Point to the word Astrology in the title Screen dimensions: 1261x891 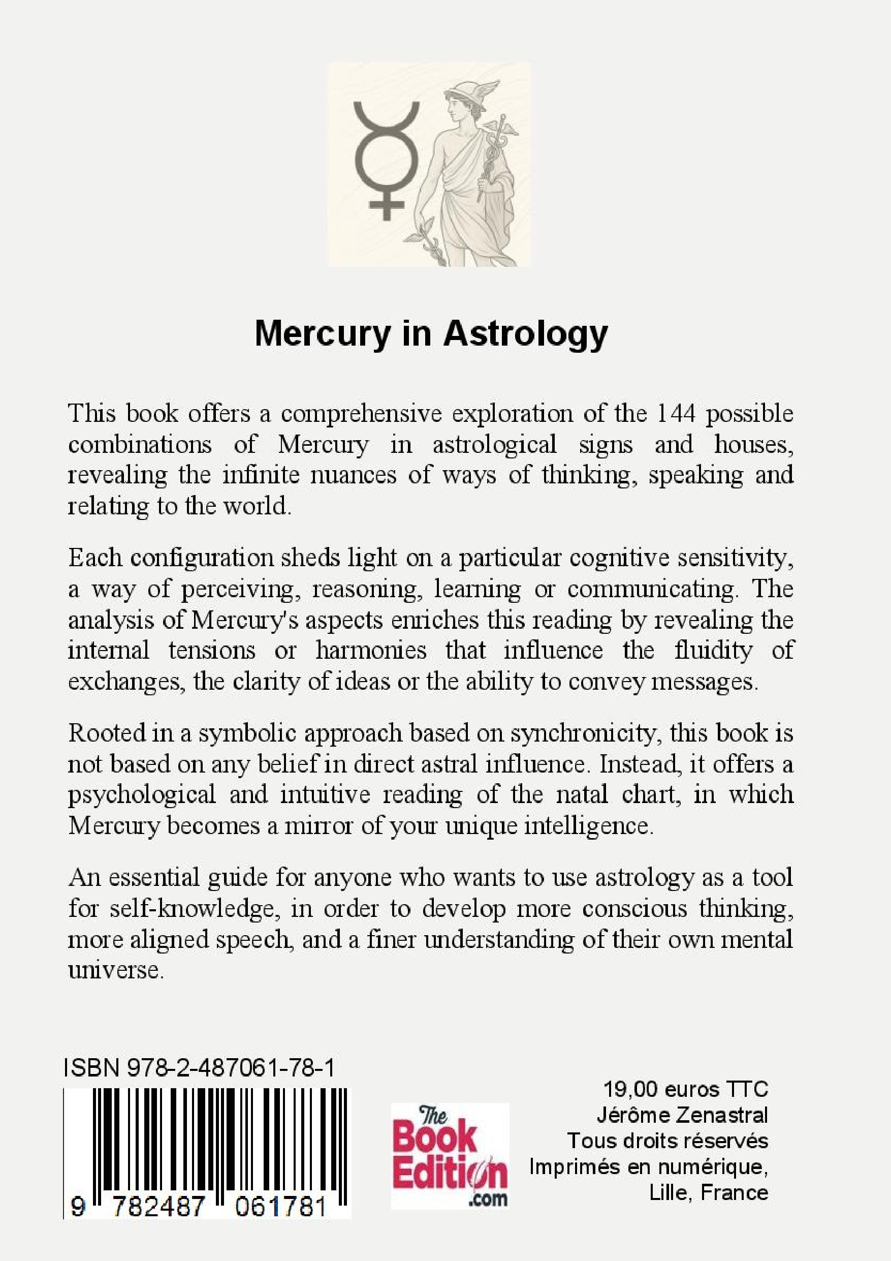tap(525, 333)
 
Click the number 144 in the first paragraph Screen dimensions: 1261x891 tap(676, 413)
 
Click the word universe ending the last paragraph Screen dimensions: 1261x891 tap(115, 970)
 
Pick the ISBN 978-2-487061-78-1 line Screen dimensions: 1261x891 tap(199, 1069)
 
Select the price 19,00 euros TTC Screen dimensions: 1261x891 tap(685, 1089)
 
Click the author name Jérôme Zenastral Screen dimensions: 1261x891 tap(682, 1115)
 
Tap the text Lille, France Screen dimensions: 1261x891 tap(708, 1193)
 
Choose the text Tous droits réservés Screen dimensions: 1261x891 tap(667, 1141)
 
